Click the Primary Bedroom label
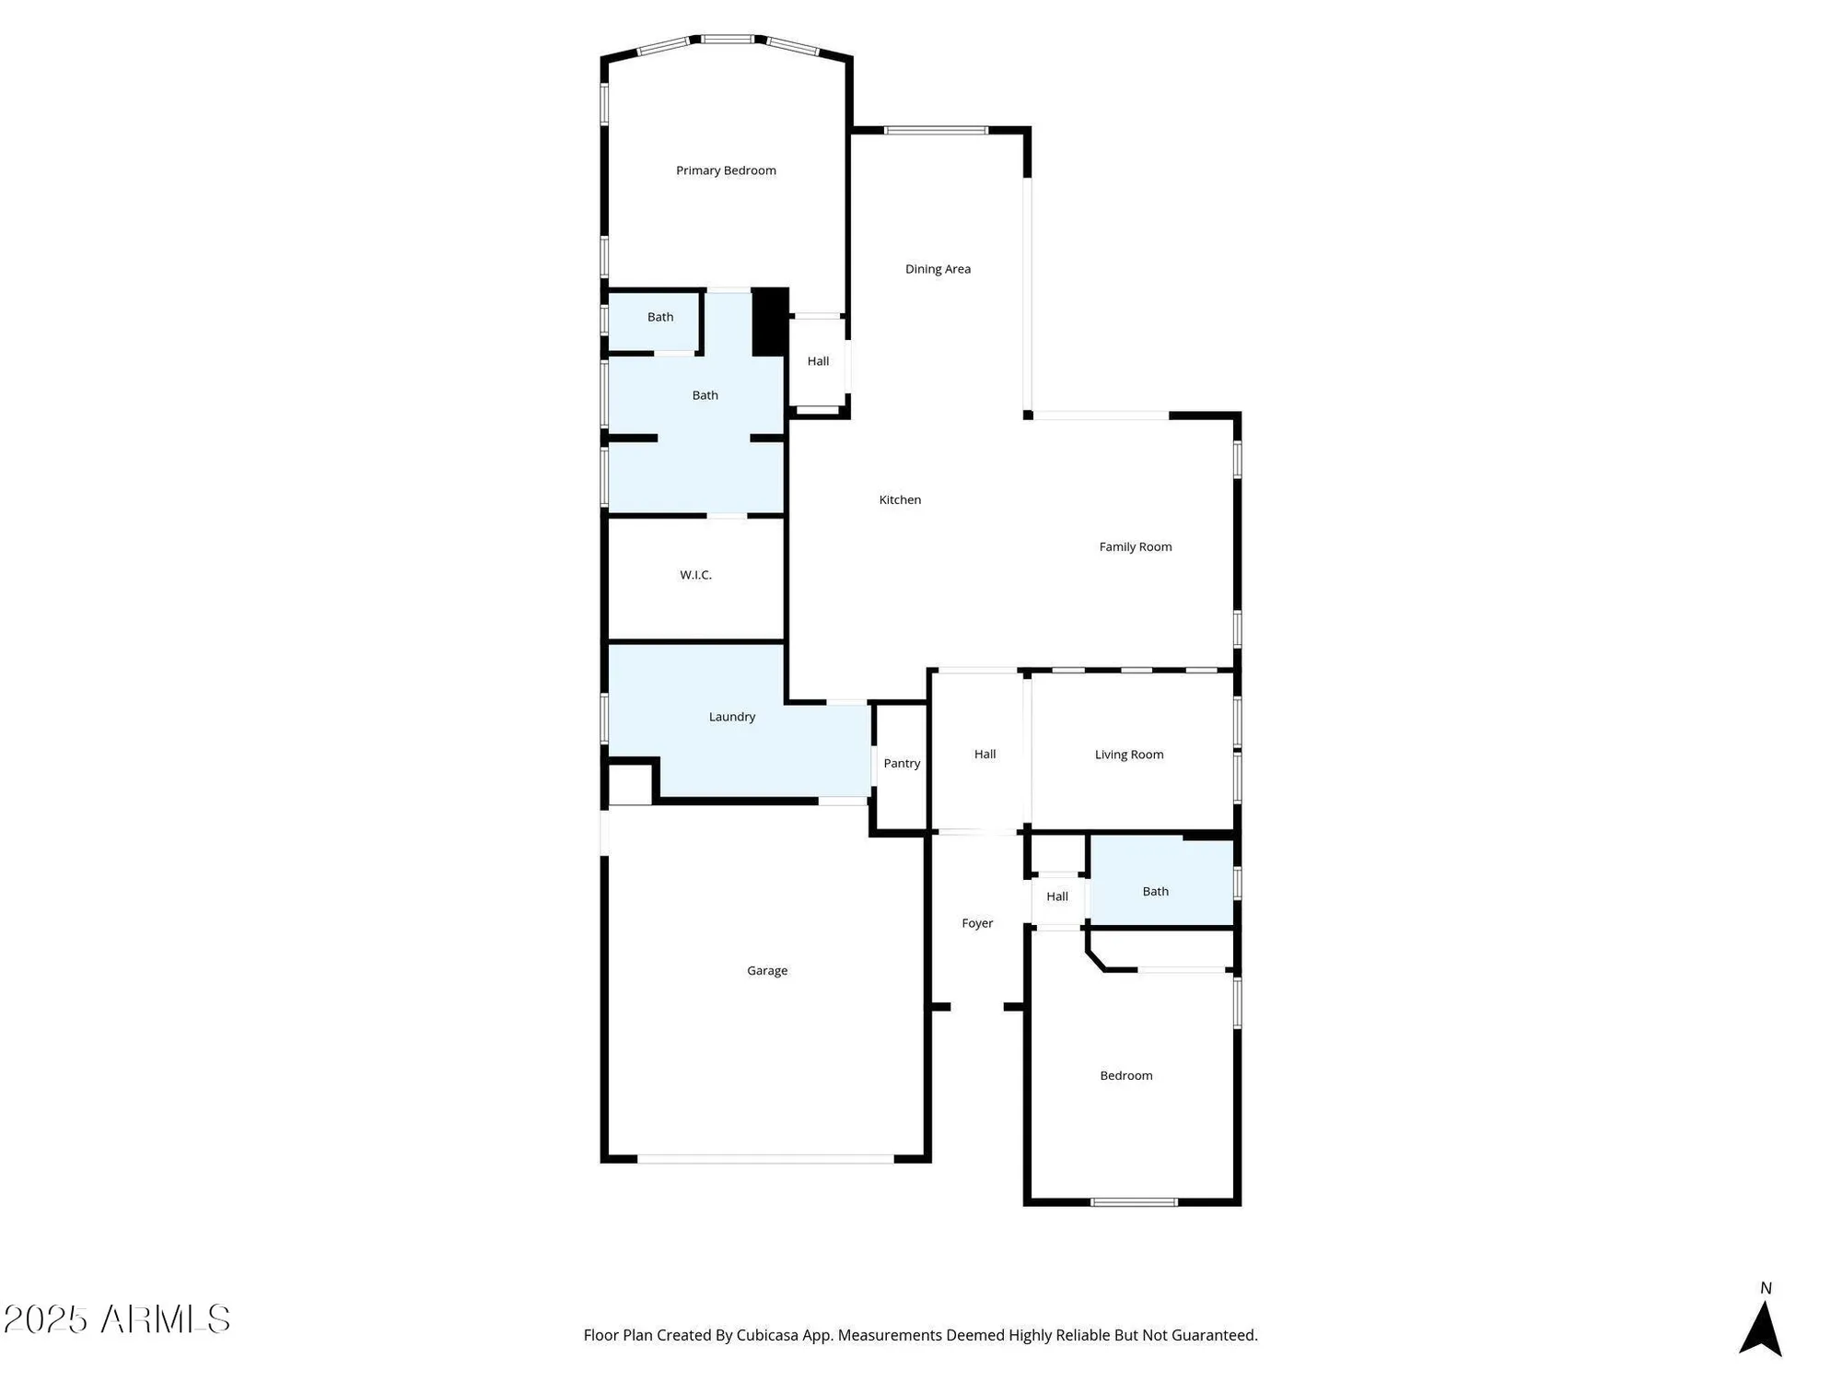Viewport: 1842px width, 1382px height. point(726,170)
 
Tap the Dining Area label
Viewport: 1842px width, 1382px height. point(938,269)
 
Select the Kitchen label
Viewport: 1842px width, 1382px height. point(900,499)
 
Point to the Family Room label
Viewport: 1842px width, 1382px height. point(1135,546)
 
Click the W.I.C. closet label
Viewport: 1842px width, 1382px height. point(695,575)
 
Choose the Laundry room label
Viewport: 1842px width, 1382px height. point(731,717)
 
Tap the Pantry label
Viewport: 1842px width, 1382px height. point(902,763)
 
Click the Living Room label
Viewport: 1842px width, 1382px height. point(1128,755)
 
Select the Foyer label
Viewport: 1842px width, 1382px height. point(977,923)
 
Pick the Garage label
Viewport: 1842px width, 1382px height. point(766,970)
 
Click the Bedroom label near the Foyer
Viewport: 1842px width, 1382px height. point(1125,1075)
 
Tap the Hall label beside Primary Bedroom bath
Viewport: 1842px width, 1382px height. point(818,361)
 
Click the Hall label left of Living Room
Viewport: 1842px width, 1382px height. point(985,754)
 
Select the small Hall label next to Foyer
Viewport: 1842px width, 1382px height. point(1056,896)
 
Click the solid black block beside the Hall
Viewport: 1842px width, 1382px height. point(770,322)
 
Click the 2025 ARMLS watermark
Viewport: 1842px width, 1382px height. point(117,1319)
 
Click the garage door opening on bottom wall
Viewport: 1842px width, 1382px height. point(765,1159)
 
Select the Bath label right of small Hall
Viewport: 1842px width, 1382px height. point(1155,891)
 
